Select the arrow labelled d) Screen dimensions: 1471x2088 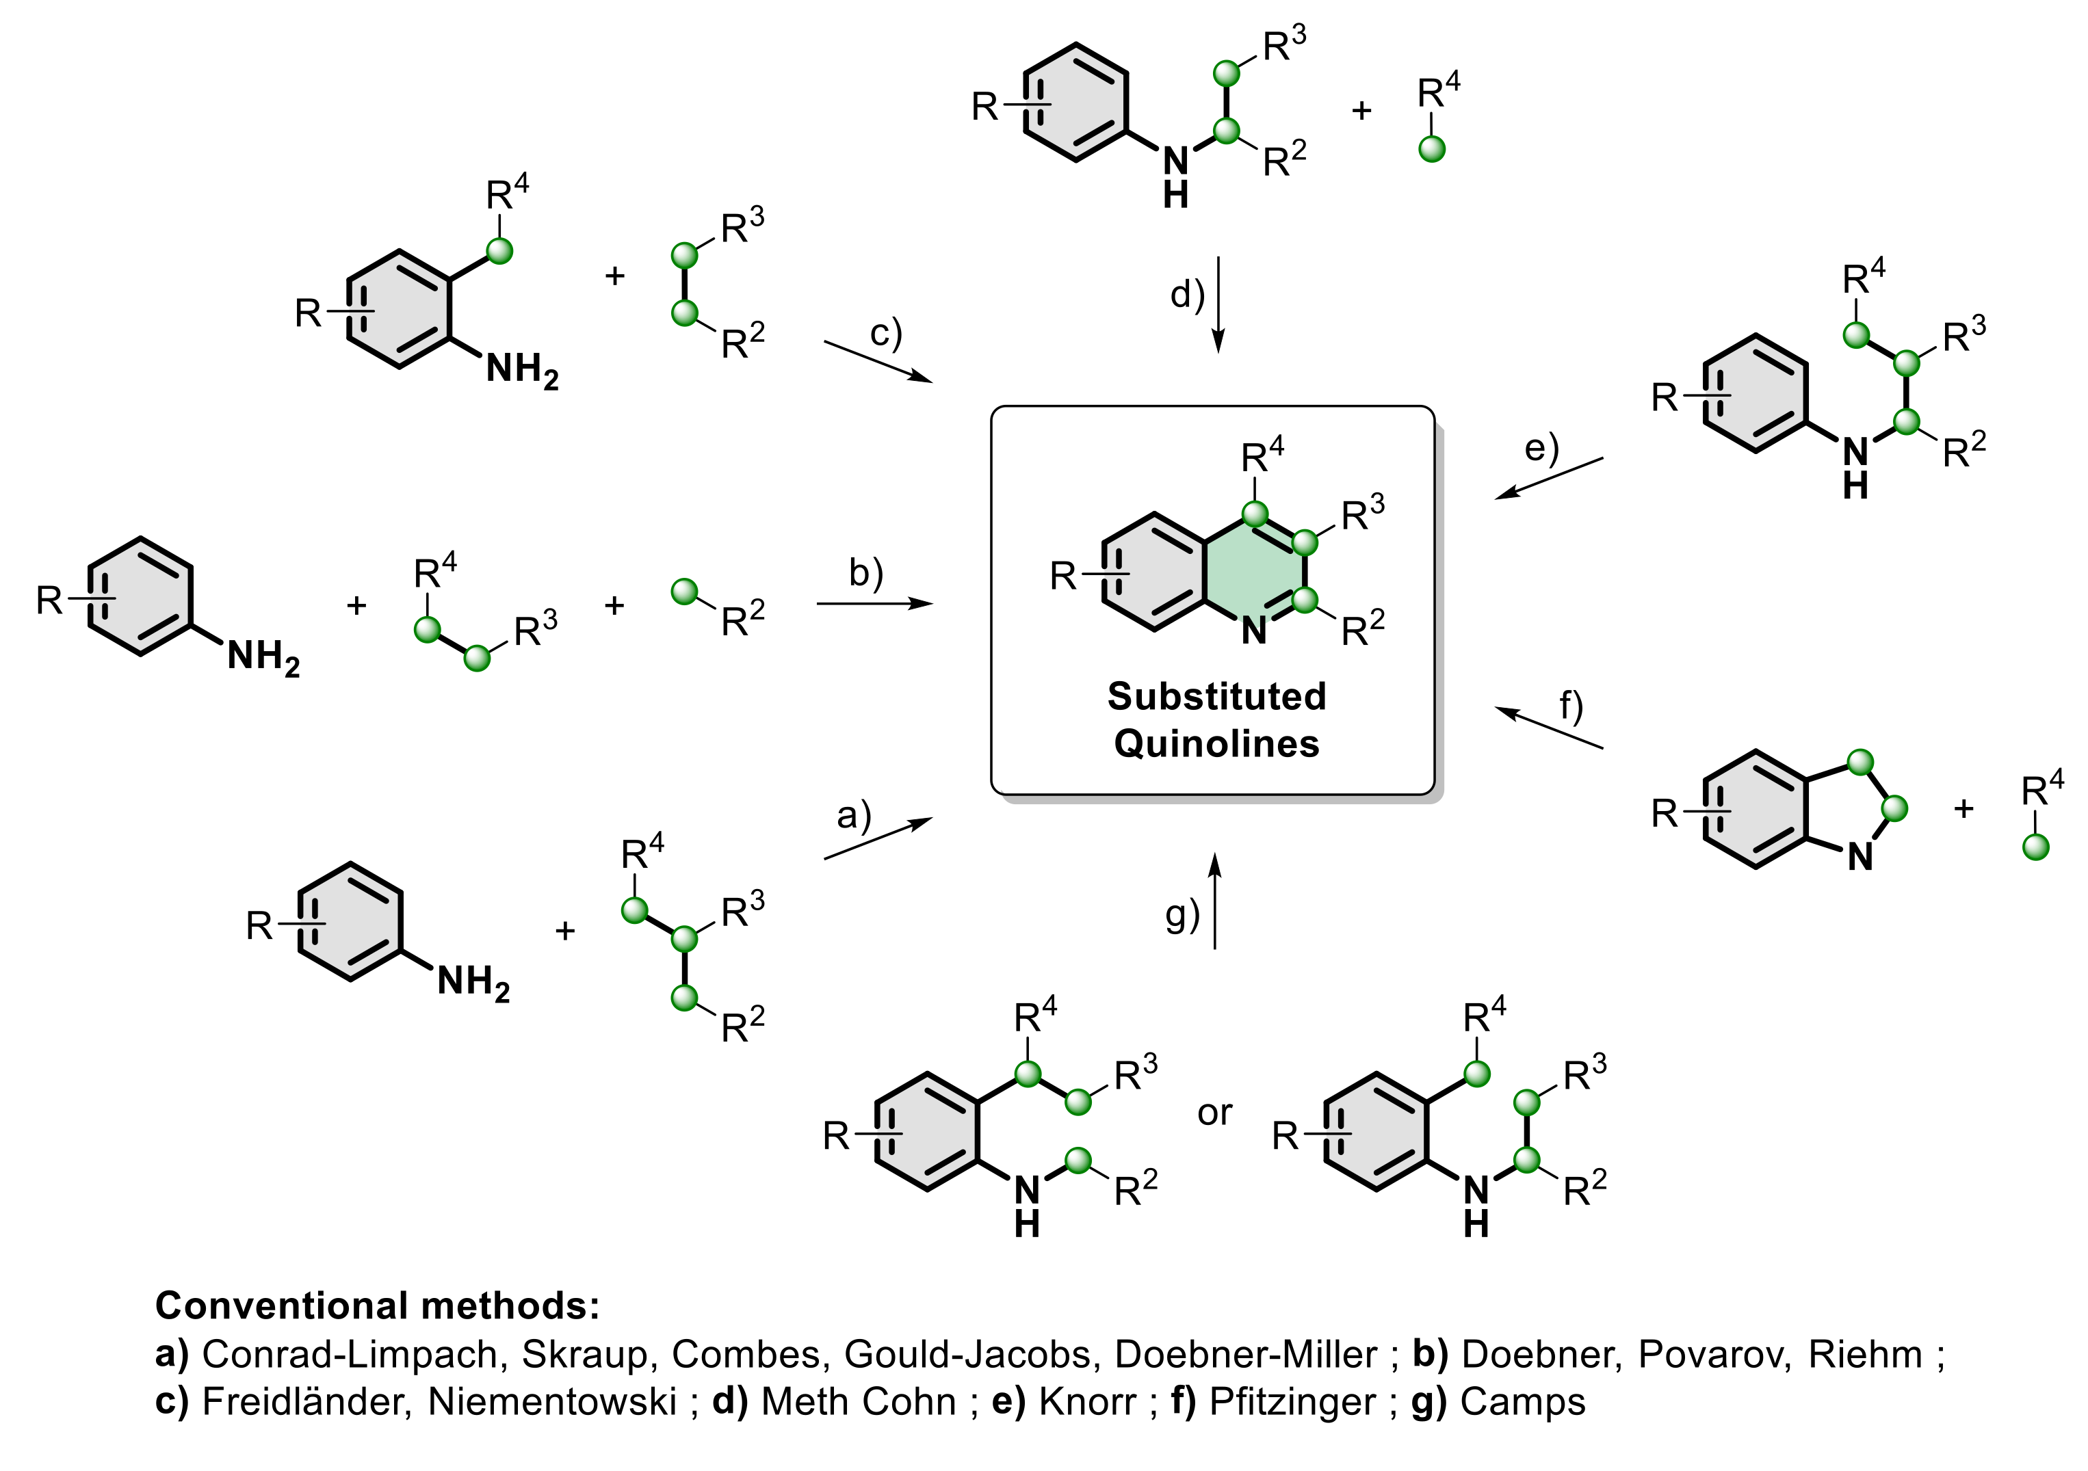[x=1218, y=304]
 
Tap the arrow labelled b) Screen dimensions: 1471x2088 [x=875, y=604]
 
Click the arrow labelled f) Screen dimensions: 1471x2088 [x=1549, y=728]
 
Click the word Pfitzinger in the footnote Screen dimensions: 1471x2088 [x=1292, y=1402]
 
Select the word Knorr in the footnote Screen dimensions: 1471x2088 [x=1086, y=1402]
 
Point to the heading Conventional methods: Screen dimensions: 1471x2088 [x=378, y=1306]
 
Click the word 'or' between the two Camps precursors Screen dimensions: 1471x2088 [x=1214, y=1113]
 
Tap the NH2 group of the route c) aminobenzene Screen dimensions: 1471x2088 [x=522, y=371]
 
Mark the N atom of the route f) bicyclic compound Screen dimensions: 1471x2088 [x=1859, y=856]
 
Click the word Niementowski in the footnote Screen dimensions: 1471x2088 [x=552, y=1402]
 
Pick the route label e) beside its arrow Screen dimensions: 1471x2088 [x=1541, y=448]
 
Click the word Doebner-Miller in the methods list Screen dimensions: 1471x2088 [x=1245, y=1355]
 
